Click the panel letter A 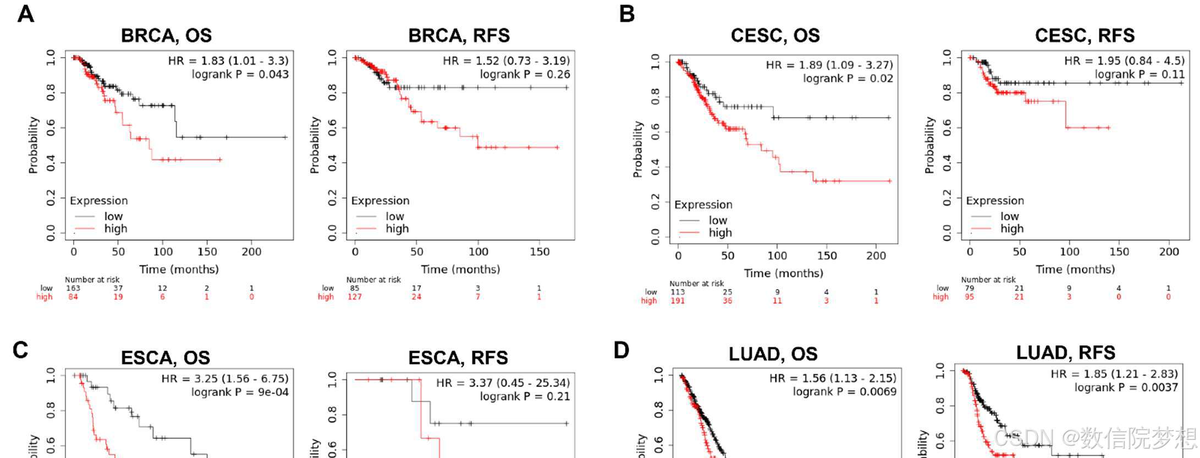25,14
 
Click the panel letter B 626,14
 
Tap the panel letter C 20,350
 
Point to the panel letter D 621,350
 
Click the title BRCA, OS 166,36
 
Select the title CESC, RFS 1084,36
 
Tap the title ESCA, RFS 459,358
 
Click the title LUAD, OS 773,355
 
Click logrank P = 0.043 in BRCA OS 240,74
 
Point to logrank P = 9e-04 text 240,392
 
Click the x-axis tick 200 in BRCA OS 251,252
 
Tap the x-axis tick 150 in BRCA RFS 539,252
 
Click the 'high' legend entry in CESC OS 720,233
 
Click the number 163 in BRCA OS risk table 73,288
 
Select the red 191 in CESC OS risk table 678,301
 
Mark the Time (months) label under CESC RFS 1075,270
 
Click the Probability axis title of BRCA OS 34,145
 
